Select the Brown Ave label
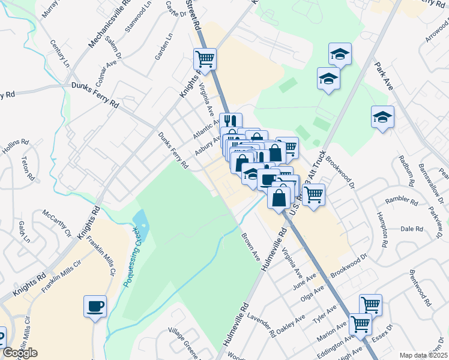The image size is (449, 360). (250, 246)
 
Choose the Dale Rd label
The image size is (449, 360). (412, 229)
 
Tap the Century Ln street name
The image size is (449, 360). (60, 53)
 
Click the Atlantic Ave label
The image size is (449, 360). (206, 128)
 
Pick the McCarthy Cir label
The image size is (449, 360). (56, 223)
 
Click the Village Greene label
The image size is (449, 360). (183, 340)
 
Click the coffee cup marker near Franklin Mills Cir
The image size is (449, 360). (95, 307)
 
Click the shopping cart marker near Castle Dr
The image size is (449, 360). (205, 59)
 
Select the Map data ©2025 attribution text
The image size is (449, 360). (423, 355)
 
